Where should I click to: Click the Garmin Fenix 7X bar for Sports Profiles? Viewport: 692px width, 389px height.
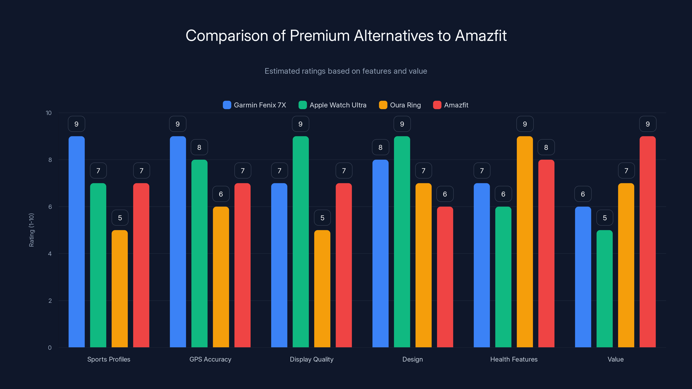77,242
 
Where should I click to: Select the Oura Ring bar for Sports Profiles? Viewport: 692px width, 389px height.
120,289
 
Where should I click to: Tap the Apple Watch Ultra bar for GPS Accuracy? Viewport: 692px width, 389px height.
199,253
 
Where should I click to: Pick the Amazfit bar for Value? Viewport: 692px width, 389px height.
647,242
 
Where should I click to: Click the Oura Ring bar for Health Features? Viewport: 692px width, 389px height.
525,242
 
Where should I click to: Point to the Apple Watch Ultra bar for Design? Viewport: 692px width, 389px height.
402,242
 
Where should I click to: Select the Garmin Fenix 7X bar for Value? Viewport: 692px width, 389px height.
583,277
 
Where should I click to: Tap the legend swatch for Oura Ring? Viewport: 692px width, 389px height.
383,105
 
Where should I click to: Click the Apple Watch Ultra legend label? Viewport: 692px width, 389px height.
338,105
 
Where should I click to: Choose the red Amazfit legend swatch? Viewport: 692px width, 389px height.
437,105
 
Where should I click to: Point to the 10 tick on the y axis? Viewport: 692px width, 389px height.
49,113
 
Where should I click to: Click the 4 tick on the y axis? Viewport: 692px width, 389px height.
50,254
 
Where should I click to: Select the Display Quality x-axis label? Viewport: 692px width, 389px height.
312,359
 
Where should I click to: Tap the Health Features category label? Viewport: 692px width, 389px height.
514,359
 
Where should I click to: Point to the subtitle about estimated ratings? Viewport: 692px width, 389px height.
346,71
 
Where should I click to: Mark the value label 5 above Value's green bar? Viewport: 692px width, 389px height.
605,218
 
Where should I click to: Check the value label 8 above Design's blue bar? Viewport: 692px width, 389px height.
380,147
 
